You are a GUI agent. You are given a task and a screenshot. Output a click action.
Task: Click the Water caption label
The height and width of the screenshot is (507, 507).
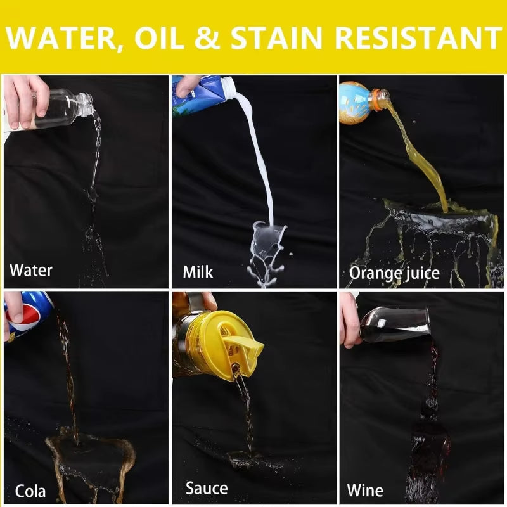pos(30,270)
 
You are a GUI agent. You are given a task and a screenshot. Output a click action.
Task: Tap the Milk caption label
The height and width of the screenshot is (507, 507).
pos(198,272)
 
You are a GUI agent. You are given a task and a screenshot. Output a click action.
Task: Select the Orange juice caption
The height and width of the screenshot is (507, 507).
pos(394,273)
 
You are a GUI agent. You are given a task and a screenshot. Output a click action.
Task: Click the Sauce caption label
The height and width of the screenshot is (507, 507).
pos(206,488)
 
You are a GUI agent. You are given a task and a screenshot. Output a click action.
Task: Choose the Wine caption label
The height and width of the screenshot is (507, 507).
pos(365,491)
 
